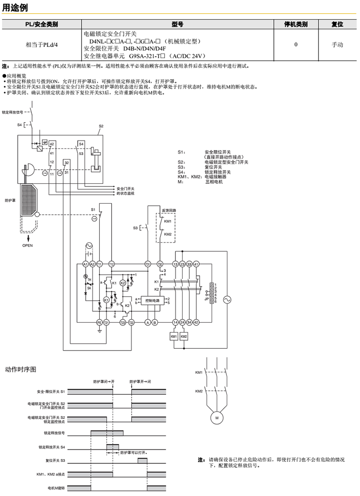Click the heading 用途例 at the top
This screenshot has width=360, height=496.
click(x=14, y=8)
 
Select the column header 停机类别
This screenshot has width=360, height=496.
click(x=296, y=25)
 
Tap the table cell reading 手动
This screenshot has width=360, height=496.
click(x=337, y=45)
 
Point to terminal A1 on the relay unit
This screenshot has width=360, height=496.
click(x=85, y=264)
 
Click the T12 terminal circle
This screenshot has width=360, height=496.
click(x=112, y=264)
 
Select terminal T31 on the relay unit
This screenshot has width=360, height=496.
click(x=148, y=264)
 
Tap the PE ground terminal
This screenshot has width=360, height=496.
click(x=99, y=322)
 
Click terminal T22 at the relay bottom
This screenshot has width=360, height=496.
click(x=131, y=322)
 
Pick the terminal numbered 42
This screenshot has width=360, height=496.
click(x=196, y=322)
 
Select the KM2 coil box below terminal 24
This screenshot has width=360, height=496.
click(x=184, y=336)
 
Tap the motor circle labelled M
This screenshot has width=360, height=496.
click(x=217, y=418)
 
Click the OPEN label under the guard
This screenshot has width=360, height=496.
click(x=28, y=245)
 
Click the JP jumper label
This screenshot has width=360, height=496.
click(x=207, y=299)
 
